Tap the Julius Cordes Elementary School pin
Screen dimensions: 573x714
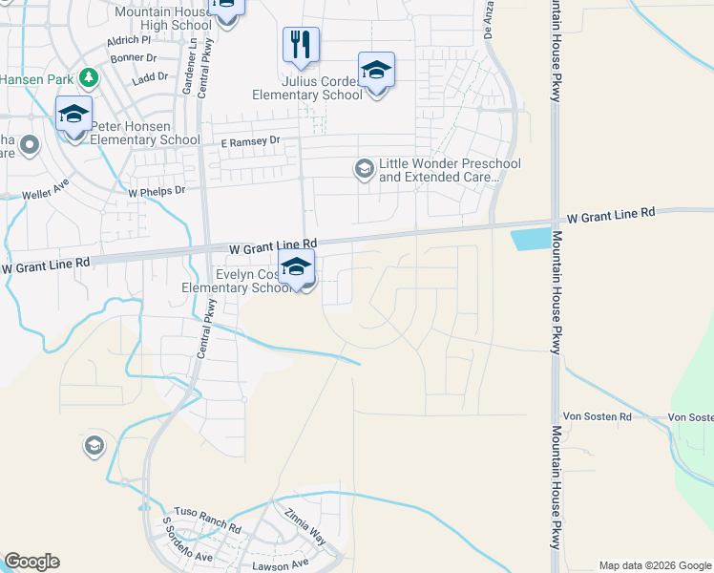coord(376,71)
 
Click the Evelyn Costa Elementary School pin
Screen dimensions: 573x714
coord(296,268)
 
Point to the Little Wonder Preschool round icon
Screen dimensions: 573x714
coord(364,169)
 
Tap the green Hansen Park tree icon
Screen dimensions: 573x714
coord(89,76)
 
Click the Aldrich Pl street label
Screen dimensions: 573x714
coord(130,41)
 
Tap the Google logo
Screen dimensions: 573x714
coord(31,562)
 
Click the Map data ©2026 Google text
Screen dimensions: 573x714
coord(655,565)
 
